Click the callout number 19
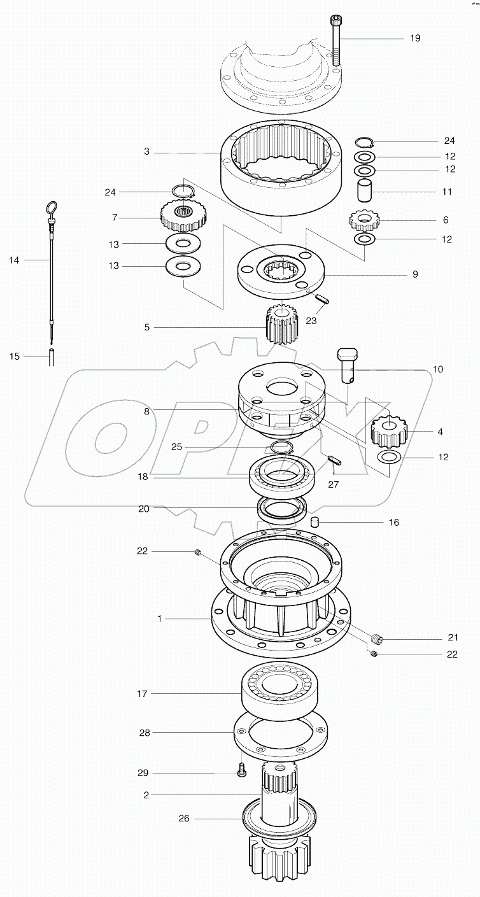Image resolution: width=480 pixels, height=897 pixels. (414, 38)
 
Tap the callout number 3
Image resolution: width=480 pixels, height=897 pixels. (146, 152)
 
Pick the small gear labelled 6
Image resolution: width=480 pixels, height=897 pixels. (365, 221)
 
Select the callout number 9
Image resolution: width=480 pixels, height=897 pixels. (414, 274)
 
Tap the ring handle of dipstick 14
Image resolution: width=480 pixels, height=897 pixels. (51, 209)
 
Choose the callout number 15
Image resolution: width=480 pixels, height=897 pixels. (15, 357)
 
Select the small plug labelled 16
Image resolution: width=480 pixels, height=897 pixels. (314, 522)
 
